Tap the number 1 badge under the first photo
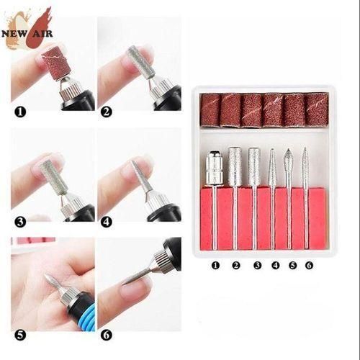19,112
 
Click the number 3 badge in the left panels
19,222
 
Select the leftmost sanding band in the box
210,110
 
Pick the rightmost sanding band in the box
316,110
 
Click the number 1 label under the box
215,265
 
